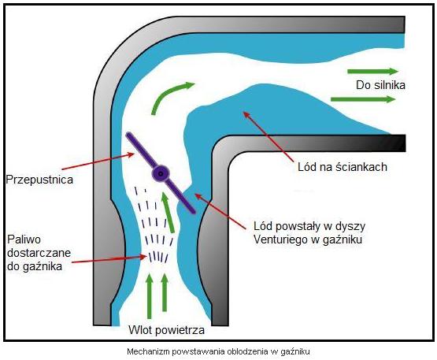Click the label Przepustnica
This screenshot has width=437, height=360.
(x=39, y=180)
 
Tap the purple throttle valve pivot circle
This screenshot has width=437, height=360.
(x=161, y=173)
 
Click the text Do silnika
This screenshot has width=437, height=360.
(x=380, y=85)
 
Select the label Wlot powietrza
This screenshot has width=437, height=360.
(x=166, y=330)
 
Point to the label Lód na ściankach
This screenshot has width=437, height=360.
(x=343, y=167)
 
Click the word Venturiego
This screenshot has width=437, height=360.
(x=284, y=239)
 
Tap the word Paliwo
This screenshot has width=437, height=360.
(x=24, y=239)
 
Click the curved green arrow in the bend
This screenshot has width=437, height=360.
(x=170, y=95)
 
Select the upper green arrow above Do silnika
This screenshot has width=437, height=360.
(x=373, y=72)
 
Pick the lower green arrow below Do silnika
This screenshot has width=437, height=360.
(x=363, y=99)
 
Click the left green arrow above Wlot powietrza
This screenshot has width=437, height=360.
(x=150, y=296)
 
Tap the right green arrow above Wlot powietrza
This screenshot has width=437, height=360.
(x=165, y=292)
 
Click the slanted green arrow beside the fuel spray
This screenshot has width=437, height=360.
(x=168, y=213)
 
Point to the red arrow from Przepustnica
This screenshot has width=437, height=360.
(x=98, y=161)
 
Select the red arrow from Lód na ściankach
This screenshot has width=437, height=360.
(x=268, y=136)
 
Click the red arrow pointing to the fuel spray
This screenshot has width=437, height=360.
(x=109, y=260)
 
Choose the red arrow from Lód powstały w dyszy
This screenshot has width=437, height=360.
(x=220, y=211)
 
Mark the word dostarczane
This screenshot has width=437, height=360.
(x=39, y=253)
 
